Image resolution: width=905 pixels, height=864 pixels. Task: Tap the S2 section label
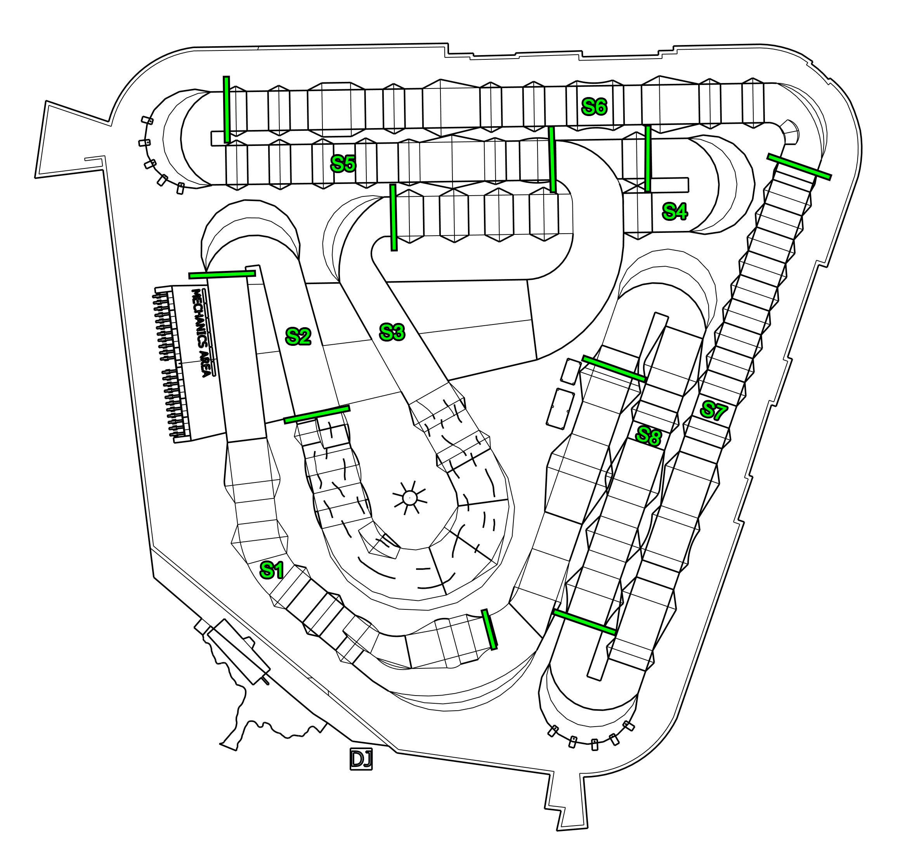[x=298, y=336]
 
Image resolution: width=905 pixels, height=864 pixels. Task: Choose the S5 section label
[x=343, y=163]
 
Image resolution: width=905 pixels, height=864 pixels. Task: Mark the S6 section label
[x=594, y=107]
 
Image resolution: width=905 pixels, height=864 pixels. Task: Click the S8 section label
[x=648, y=435]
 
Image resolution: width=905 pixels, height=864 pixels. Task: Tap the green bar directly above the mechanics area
[x=222, y=274]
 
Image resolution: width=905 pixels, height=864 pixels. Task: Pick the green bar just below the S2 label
[x=316, y=414]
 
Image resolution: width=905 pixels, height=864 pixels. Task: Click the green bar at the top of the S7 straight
[x=799, y=167]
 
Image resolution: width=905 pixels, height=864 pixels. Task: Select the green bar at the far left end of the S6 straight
[x=226, y=109]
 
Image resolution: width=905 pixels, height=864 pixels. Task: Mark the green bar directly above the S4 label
[x=648, y=158]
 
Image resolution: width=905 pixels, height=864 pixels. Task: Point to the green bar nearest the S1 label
[x=489, y=629]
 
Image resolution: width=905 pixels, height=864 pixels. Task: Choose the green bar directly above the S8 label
[x=614, y=368]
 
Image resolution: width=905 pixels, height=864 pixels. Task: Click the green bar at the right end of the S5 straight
[x=552, y=160]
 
